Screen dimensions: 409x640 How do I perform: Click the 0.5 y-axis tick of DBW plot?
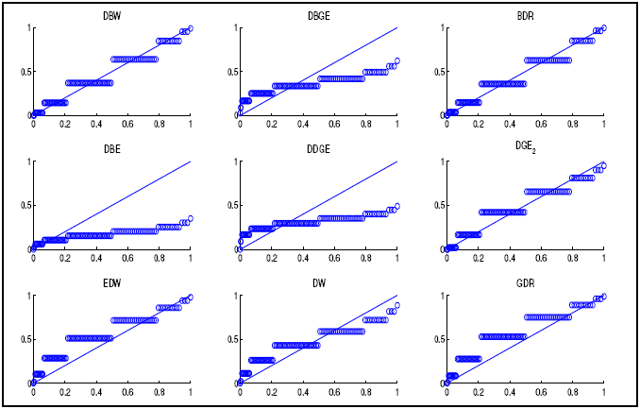tap(25, 72)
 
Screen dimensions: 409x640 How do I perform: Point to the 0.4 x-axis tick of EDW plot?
tap(96, 391)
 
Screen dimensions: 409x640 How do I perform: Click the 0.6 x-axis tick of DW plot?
tap(334, 391)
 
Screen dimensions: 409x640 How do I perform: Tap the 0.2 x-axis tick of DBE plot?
tap(65, 257)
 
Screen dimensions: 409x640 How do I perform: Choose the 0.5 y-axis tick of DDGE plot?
tap(232, 206)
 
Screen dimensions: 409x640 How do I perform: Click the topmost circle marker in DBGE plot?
tap(397, 60)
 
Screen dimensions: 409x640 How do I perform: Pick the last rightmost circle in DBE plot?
tap(191, 218)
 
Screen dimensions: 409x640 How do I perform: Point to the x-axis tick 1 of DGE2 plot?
tap(603, 257)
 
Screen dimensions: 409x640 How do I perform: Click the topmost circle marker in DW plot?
tap(397, 305)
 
